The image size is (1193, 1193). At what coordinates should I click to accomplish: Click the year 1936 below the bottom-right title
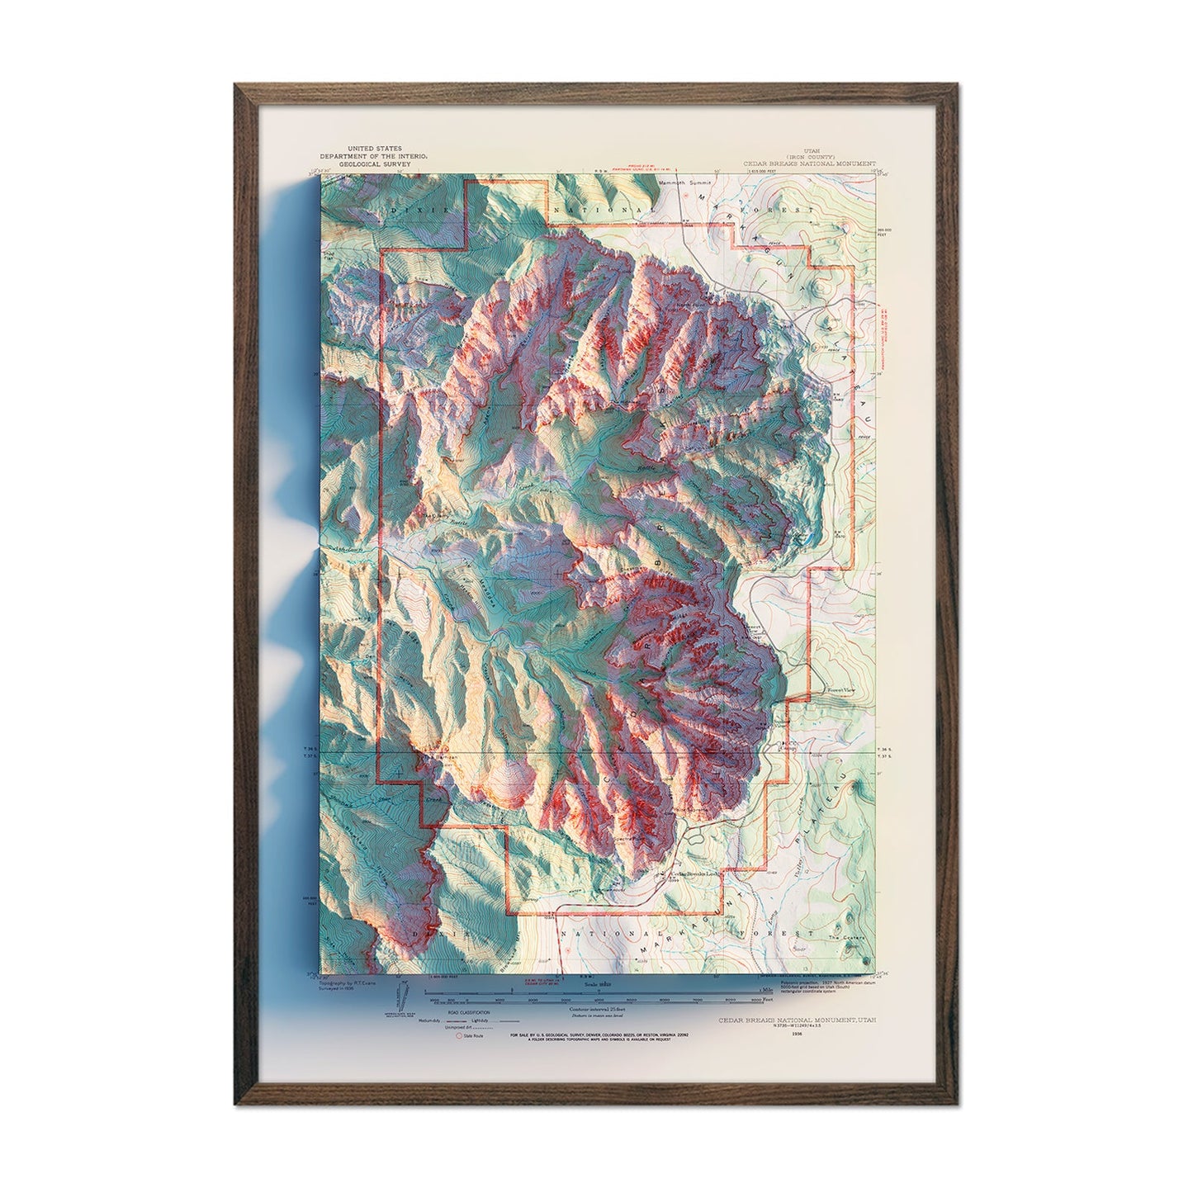click(x=797, y=1033)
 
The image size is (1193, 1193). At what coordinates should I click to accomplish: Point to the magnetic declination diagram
click(x=399, y=1003)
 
